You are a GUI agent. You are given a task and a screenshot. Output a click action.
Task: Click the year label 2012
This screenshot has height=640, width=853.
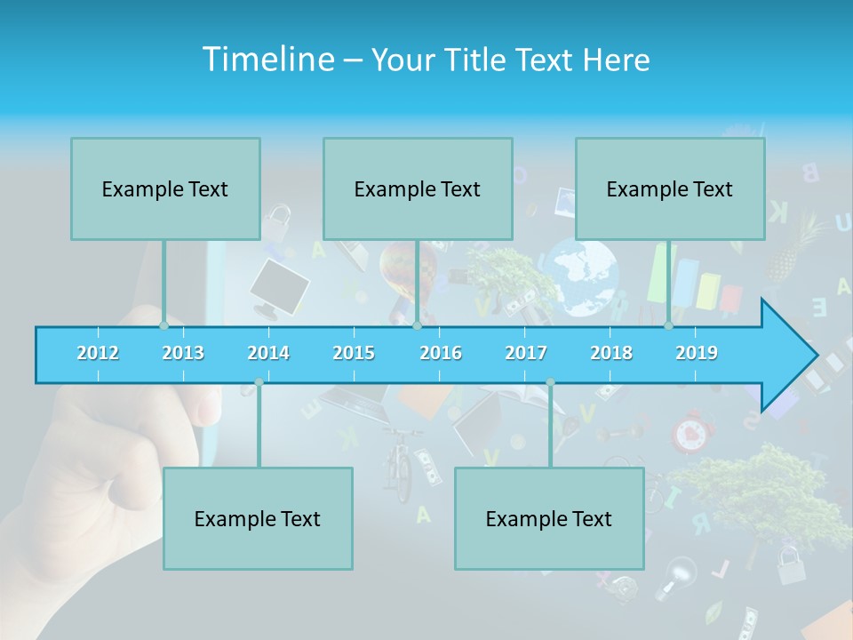tap(98, 353)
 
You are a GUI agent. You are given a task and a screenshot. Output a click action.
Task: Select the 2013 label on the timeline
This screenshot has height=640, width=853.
tap(183, 353)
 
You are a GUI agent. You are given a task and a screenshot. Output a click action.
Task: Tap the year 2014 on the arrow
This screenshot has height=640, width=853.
tap(268, 353)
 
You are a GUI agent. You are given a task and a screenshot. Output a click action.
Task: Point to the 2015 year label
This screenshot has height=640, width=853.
tap(354, 353)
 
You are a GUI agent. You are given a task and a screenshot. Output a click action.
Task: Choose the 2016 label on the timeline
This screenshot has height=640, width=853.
tap(441, 353)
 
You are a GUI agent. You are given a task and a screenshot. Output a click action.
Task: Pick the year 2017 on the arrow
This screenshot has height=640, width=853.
tap(526, 353)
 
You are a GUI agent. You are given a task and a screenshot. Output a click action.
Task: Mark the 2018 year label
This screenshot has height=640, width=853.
tap(611, 353)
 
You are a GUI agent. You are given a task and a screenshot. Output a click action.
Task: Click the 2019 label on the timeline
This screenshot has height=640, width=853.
tap(697, 353)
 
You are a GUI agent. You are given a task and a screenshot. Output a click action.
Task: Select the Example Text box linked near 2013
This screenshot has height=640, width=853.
tap(165, 188)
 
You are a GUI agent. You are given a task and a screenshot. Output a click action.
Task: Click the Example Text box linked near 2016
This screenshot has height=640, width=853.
tap(418, 188)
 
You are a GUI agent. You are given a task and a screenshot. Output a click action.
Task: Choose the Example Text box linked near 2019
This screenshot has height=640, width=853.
tap(670, 188)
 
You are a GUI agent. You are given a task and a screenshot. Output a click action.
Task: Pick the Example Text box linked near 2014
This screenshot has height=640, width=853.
tap(258, 518)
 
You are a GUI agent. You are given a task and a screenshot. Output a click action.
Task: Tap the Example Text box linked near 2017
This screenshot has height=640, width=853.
tap(549, 518)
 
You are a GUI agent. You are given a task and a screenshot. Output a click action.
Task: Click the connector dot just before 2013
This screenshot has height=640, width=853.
tap(163, 326)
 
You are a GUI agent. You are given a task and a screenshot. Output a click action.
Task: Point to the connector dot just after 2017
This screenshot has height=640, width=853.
tap(550, 382)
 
